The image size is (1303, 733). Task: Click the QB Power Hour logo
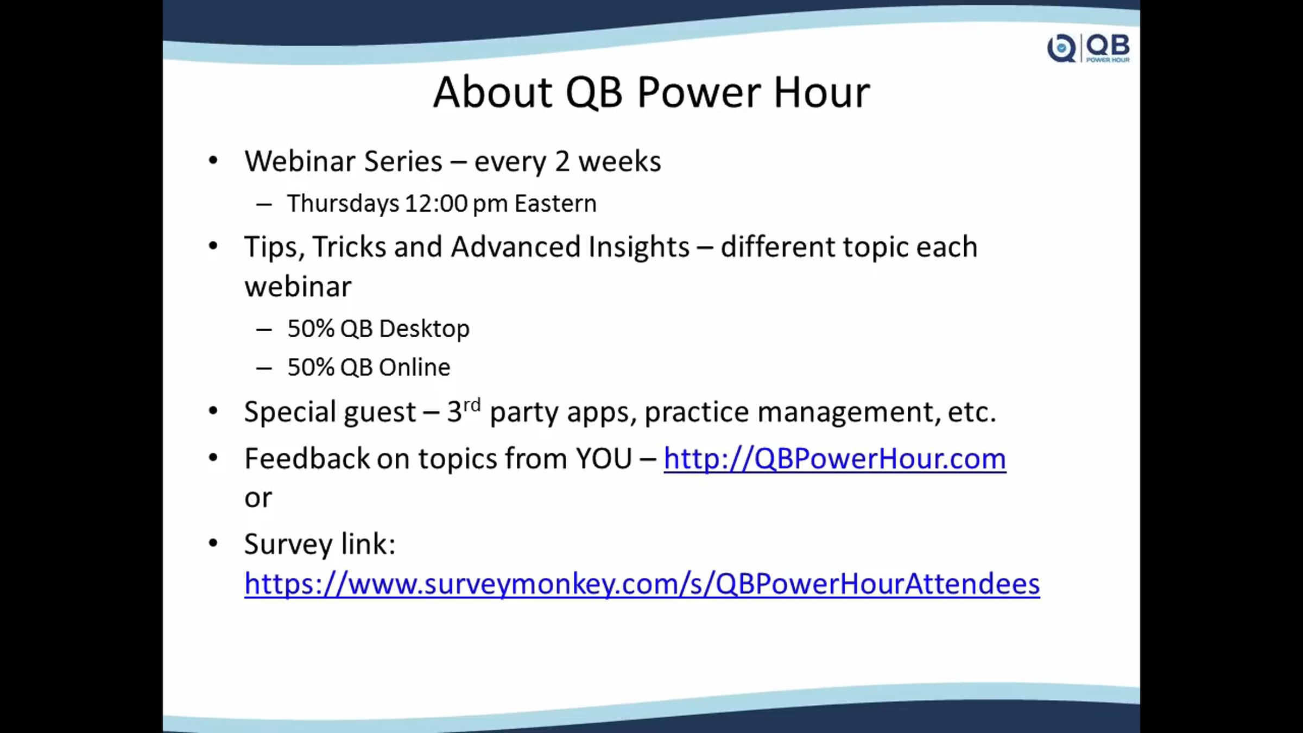1089,48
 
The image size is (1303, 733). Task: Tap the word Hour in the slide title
822,92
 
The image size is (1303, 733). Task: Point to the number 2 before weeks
562,162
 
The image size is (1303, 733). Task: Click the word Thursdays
343,204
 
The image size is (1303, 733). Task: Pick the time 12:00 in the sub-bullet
436,204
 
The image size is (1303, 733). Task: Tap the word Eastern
555,204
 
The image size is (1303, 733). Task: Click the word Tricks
349,247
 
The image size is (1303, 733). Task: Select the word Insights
638,248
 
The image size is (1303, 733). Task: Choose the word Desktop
424,329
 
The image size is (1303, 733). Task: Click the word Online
414,368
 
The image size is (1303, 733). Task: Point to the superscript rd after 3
472,405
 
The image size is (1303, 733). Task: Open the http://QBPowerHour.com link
834,459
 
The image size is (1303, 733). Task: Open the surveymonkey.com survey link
642,584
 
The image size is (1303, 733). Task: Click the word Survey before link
288,545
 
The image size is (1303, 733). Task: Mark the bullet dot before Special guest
213,411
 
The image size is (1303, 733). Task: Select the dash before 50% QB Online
264,369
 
